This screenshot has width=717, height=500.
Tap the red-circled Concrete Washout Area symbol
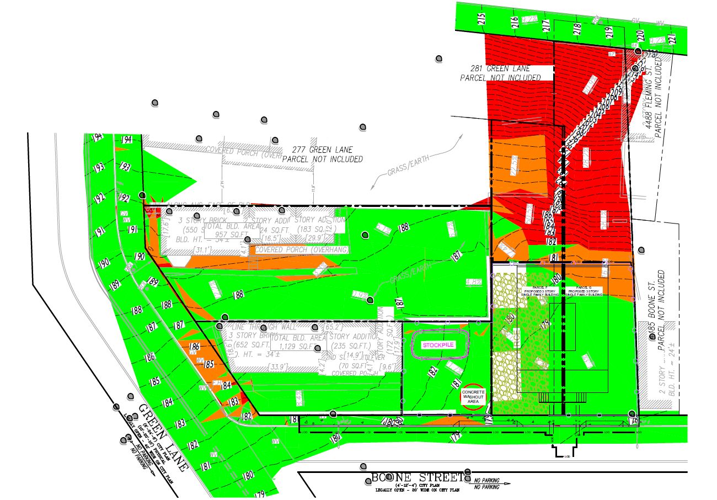tap(473, 397)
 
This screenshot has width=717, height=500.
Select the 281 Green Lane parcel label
tap(500, 73)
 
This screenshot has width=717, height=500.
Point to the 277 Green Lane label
tap(323, 154)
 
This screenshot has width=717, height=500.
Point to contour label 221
tap(671, 40)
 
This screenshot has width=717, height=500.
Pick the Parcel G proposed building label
tap(586, 292)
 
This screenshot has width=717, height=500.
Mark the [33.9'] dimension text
tap(247, 367)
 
